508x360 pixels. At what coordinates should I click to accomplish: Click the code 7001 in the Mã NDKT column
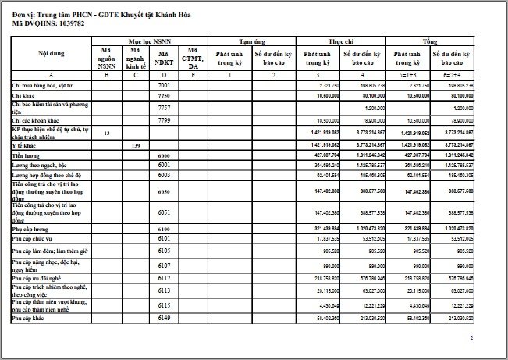coord(164,84)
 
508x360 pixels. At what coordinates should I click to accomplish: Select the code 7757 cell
coord(164,106)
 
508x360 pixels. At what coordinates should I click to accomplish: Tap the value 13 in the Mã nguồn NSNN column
coord(105,134)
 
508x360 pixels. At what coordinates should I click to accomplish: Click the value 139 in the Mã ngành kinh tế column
coord(135,145)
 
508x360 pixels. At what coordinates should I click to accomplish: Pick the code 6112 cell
coord(164,276)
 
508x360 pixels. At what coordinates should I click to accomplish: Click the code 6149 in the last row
coord(164,318)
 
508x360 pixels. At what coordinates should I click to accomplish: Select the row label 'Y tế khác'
coord(24,145)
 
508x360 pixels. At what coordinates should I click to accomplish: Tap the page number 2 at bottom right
coord(472,338)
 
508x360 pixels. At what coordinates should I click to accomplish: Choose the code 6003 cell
coord(164,176)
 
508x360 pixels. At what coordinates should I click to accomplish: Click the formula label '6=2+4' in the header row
coord(441,74)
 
